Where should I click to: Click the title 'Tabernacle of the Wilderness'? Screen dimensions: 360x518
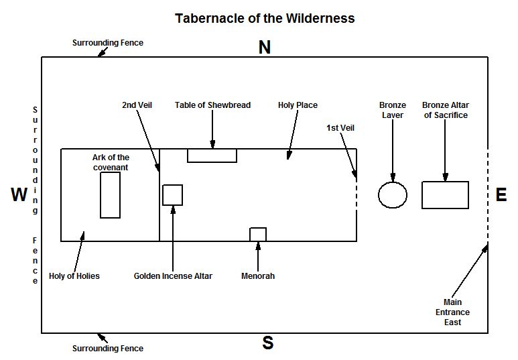265,18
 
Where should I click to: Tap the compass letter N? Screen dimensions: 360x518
265,48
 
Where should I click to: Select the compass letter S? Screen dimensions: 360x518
267,343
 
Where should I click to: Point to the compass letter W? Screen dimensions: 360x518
19,195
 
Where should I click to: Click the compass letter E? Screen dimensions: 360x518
501,195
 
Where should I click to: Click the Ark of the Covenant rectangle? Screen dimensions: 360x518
110,195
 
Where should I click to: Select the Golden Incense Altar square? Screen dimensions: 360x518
172,194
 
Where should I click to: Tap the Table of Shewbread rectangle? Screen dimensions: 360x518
212,155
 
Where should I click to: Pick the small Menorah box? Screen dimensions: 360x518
258,234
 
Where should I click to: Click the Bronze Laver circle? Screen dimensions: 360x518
393,194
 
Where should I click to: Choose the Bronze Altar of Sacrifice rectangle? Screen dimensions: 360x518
445,194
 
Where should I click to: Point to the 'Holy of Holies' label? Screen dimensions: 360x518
74,276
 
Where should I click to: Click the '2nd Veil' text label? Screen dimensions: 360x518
137,105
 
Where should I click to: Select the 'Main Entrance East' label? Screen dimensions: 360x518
456,312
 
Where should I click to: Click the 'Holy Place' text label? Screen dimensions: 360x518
298,105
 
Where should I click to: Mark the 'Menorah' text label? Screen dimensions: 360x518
258,276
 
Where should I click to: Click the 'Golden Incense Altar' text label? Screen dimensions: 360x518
173,276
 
